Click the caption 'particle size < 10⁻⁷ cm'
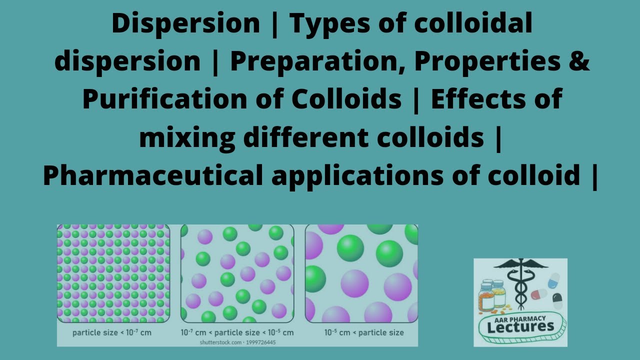pos(111,332)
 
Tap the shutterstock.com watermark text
pos(237,342)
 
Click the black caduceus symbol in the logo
pos(520,282)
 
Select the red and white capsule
pos(538,294)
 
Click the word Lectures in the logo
pos(520,327)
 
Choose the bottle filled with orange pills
pos(486,298)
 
